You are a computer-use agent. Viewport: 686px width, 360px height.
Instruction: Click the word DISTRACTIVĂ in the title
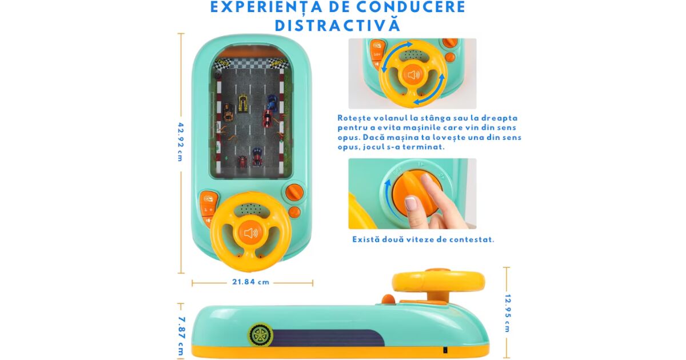click(x=337, y=25)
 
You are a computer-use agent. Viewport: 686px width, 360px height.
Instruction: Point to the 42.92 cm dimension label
click(x=181, y=142)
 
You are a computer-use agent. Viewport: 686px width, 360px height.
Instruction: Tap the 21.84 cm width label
click(x=250, y=282)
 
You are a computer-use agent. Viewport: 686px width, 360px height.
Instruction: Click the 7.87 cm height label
click(x=181, y=336)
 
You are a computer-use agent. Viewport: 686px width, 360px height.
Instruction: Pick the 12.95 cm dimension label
click(x=508, y=313)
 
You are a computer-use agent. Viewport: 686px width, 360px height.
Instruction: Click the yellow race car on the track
click(x=243, y=103)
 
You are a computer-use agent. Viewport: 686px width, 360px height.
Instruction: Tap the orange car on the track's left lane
click(x=228, y=112)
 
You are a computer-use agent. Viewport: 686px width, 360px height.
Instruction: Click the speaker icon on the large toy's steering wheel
click(x=251, y=233)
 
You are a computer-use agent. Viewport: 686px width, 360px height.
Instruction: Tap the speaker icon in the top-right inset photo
click(x=413, y=75)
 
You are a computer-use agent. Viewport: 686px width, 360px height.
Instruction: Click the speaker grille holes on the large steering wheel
click(x=250, y=209)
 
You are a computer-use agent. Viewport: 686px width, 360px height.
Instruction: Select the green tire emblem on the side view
click(x=261, y=335)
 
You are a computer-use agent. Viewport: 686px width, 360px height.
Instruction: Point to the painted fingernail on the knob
click(x=410, y=203)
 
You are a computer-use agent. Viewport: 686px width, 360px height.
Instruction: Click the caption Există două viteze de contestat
click(x=423, y=239)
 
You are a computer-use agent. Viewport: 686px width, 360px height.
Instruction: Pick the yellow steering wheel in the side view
click(x=438, y=285)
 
